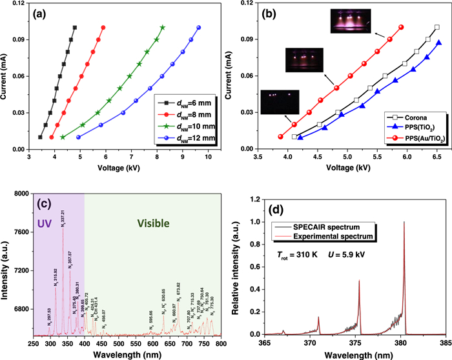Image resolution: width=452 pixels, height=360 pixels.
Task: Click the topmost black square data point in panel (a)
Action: point(75,27)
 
